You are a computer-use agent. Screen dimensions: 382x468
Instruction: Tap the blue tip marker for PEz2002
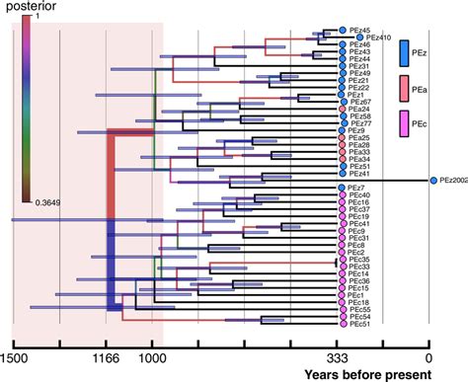click(433, 181)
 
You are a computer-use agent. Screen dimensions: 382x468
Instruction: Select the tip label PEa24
click(360, 109)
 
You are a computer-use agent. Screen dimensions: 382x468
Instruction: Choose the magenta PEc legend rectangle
click(406, 125)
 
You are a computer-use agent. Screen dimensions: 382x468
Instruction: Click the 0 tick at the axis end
click(429, 358)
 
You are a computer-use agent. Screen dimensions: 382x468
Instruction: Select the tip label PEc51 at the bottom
click(359, 323)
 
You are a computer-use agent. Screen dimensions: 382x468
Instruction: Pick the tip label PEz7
click(356, 188)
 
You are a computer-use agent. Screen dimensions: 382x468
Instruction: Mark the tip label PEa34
click(360, 159)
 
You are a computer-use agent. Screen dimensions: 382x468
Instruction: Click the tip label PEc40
click(359, 195)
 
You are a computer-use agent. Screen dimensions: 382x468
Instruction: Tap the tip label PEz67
click(360, 102)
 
